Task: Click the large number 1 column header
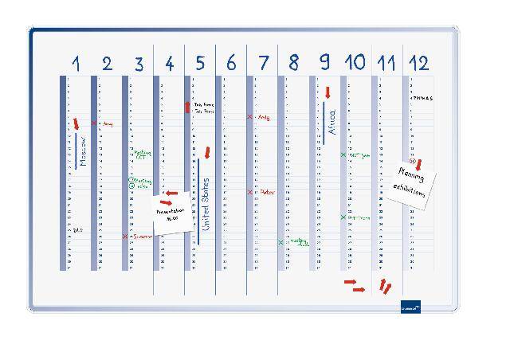[76, 63]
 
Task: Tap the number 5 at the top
[200, 63]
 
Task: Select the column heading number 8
[293, 63]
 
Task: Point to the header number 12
[418, 63]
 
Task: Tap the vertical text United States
[205, 204]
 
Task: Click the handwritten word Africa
[331, 123]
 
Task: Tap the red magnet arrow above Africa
[327, 93]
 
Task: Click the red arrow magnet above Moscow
[76, 123]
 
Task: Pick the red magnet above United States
[206, 151]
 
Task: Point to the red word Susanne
[142, 237]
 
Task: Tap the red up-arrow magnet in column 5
[188, 107]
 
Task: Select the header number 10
[355, 63]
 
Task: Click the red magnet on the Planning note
[418, 164]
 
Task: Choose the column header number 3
[139, 63]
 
